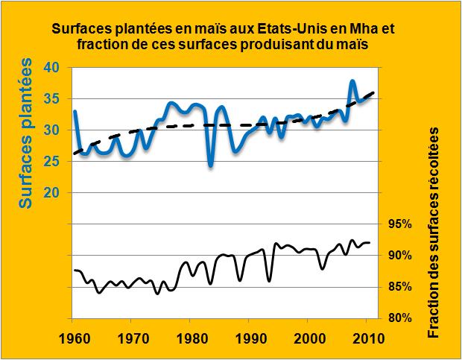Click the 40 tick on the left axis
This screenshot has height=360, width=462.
(54, 67)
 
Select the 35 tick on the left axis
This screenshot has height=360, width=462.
(54, 98)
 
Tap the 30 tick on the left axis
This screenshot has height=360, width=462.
(54, 130)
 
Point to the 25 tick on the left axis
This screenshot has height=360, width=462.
(54, 161)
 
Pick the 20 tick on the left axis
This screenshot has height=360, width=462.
(54, 192)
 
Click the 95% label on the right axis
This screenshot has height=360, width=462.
(401, 224)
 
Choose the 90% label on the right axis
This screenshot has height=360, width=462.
(401, 256)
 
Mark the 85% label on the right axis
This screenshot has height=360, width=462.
(401, 287)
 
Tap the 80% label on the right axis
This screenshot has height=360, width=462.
(401, 318)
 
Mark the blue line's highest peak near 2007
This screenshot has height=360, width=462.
(352, 80)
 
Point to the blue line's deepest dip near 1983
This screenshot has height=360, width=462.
(211, 165)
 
